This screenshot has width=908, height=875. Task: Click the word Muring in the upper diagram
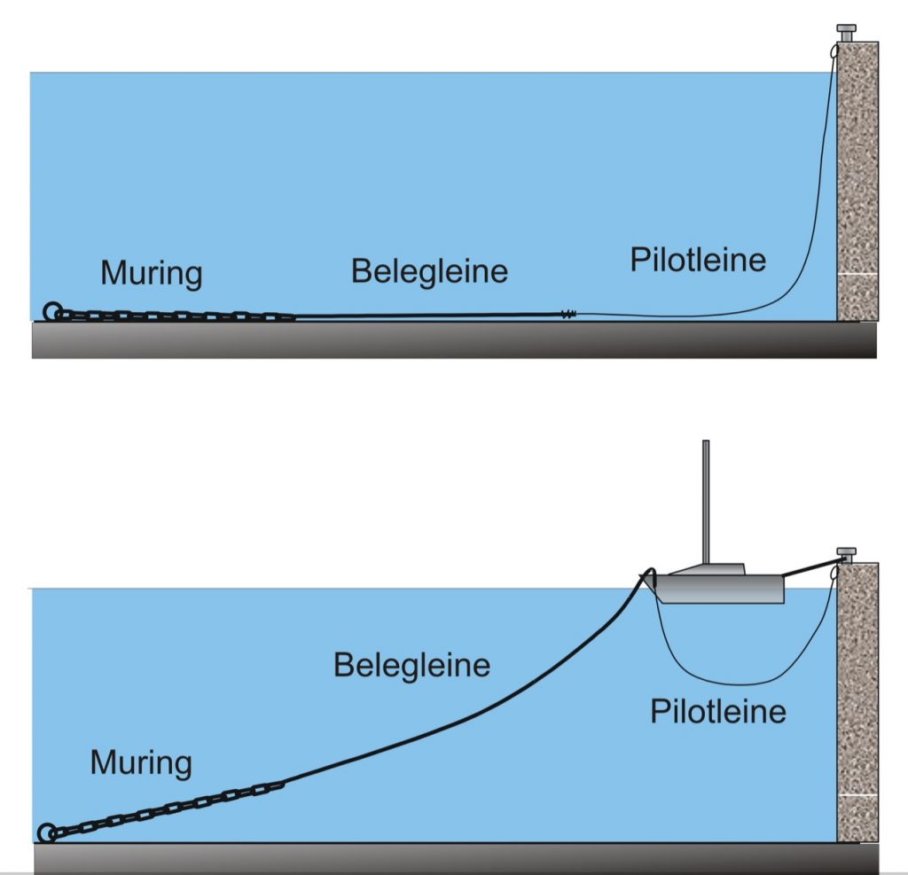pyautogui.click(x=151, y=272)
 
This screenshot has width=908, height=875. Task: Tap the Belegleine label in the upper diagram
pyautogui.click(x=429, y=270)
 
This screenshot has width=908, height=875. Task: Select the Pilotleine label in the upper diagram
pyautogui.click(x=698, y=260)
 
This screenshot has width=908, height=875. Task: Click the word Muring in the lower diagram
pyautogui.click(x=141, y=762)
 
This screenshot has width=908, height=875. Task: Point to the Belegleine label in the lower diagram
pyautogui.click(x=411, y=664)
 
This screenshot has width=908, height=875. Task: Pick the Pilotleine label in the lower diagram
pyautogui.click(x=718, y=711)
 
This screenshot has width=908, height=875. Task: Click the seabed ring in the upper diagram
pyautogui.click(x=51, y=311)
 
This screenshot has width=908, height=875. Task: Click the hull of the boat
pyautogui.click(x=718, y=589)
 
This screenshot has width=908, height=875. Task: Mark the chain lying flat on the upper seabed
pyautogui.click(x=177, y=316)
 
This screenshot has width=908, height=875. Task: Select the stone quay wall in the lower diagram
pyautogui.click(x=857, y=700)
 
